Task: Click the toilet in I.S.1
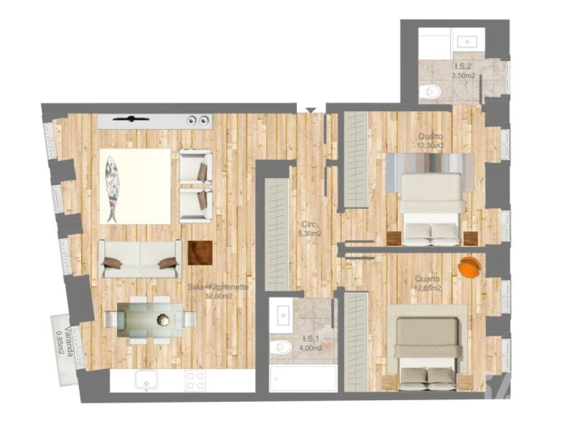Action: coord(279,347)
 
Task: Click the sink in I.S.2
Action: coord(467,40)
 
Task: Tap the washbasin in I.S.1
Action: coord(282,315)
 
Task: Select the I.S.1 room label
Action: coord(309,342)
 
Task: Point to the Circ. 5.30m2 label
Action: coord(309,229)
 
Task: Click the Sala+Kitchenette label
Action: coord(218,291)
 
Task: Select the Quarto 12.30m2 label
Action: coord(430,141)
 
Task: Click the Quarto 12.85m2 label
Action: coord(428,282)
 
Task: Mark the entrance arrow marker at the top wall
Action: coord(312,109)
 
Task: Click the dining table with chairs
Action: coord(151,320)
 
